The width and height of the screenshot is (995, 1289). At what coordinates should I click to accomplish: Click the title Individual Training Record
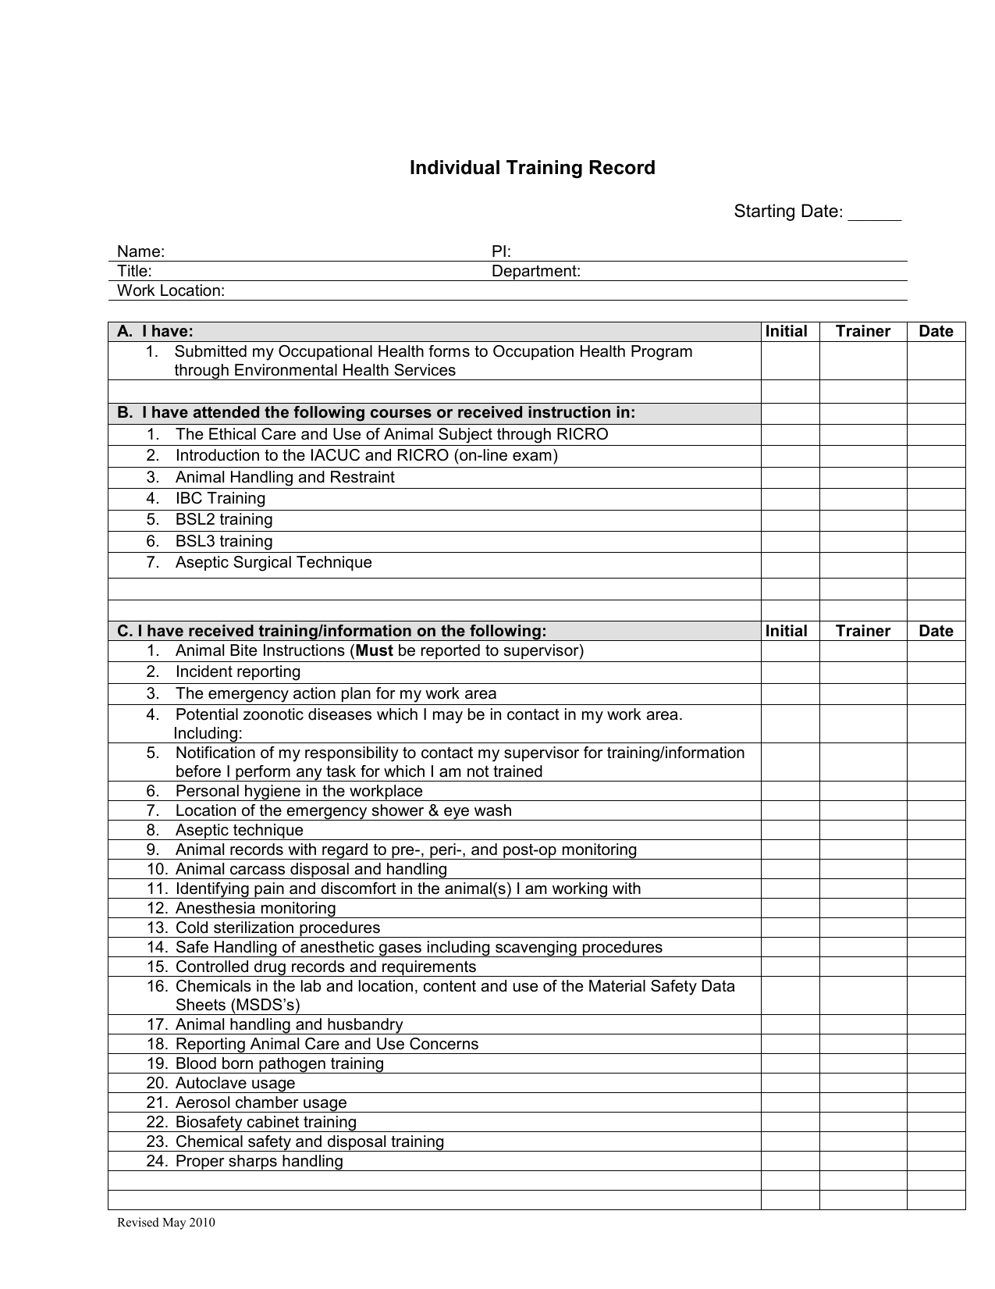pos(532,168)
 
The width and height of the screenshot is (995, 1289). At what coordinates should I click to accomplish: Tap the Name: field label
pos(140,251)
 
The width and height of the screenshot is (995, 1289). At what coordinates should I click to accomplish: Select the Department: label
pos(535,271)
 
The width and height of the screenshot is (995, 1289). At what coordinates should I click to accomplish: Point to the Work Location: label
pos(170,290)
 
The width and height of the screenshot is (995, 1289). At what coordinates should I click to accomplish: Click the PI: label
pos(501,251)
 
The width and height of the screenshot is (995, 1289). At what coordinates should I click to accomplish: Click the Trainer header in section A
pos(862,331)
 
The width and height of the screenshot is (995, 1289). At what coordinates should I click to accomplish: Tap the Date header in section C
pos(936,631)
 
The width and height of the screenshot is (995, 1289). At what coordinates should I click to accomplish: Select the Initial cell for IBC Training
pos(790,498)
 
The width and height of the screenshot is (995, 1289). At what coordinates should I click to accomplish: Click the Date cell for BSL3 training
pos(936,541)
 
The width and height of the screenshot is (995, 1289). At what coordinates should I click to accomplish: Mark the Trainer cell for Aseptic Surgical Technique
pos(862,564)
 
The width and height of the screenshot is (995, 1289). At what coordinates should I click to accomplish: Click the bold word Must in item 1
pos(374,650)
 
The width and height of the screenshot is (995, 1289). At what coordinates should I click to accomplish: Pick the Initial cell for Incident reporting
pos(790,672)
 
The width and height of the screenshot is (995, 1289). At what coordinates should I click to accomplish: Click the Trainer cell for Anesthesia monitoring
pos(862,908)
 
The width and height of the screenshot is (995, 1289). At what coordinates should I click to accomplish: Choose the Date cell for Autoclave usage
pos(936,1083)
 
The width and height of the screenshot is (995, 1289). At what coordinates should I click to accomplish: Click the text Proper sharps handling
pos(259,1161)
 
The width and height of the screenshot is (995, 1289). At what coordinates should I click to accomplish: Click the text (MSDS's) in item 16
pos(237,1005)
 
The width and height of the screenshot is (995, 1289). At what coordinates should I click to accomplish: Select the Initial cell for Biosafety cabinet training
pos(790,1122)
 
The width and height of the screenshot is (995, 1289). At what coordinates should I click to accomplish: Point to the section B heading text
pos(376,412)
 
